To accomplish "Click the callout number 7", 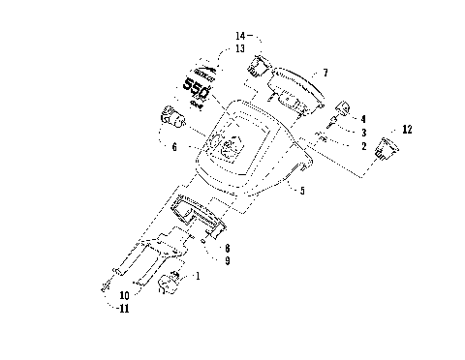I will tap(325, 73).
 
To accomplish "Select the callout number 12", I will tap(406, 129).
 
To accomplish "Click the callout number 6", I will tap(174, 147).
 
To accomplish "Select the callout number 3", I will tap(364, 132).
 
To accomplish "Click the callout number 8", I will tap(226, 248).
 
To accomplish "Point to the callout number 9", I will tap(226, 260).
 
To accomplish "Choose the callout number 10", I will tap(123, 295).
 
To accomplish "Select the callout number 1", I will tap(200, 277).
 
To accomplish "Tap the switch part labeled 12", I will tap(388, 147).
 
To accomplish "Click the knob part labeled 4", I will tap(342, 107).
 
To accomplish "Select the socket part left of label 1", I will tap(171, 284).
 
